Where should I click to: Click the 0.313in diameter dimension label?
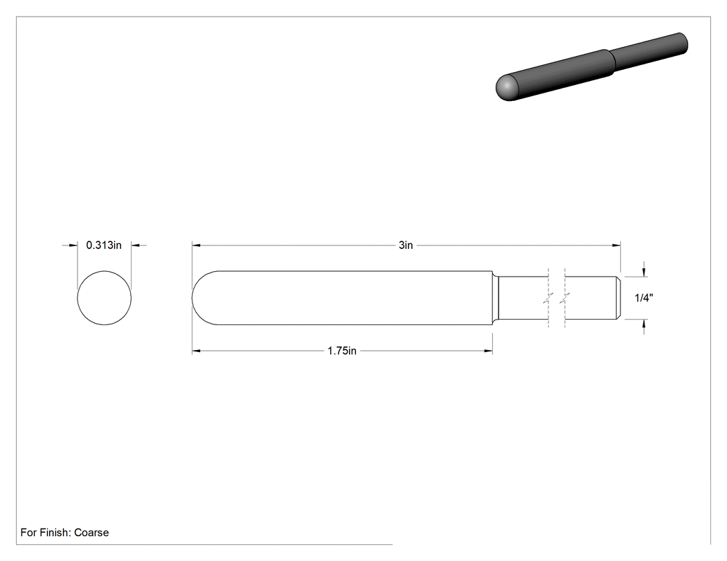click(x=104, y=245)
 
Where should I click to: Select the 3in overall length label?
click(x=406, y=245)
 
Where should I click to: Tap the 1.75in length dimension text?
click(x=342, y=351)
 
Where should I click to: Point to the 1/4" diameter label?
click(x=644, y=298)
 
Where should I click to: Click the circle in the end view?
click(x=77, y=298)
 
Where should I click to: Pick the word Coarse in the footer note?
click(x=91, y=532)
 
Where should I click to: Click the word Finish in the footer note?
click(x=55, y=532)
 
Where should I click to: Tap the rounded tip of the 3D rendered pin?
click(x=507, y=87)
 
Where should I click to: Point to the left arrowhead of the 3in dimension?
click(x=196, y=245)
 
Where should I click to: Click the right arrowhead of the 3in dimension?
click(x=617, y=245)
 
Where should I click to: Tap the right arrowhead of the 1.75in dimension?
click(x=488, y=351)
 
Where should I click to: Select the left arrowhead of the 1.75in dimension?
click(x=196, y=351)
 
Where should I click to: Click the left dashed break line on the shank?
click(x=548, y=298)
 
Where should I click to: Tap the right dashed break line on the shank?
click(x=565, y=298)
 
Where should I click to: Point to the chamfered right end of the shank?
click(x=618, y=298)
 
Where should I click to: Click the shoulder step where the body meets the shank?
click(x=495, y=298)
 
